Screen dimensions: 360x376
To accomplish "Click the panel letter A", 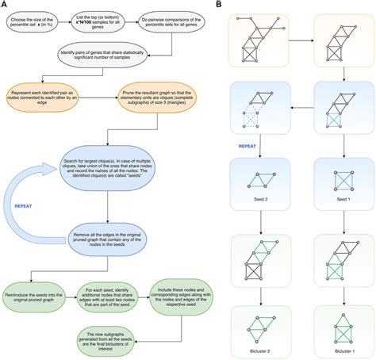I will coord(4,5).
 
